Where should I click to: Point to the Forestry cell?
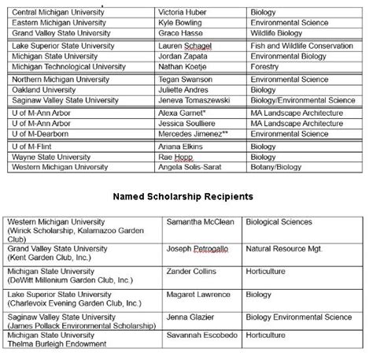[264, 69]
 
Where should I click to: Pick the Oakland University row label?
[47, 91]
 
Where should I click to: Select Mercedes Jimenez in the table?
[194, 135]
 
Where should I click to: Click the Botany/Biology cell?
[275, 168]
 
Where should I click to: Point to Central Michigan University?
[59, 13]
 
